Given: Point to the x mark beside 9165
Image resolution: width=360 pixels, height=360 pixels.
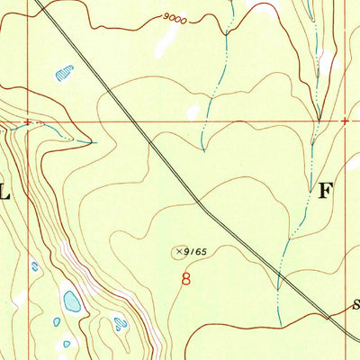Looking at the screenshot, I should pyautogui.click(x=179, y=252).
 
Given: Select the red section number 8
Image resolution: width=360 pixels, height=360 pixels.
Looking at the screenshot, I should pyautogui.click(x=186, y=280).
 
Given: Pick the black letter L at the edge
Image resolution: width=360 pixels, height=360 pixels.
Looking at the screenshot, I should pyautogui.click(x=4, y=191).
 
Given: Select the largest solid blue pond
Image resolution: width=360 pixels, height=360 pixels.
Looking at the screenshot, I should pyautogui.click(x=71, y=301).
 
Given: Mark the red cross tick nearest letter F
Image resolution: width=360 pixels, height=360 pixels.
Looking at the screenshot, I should pyautogui.click(x=345, y=120).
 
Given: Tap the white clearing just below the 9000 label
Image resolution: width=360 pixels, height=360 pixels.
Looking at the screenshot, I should pyautogui.click(x=165, y=40).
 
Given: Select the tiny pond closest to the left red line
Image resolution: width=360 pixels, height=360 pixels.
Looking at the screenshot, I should pyautogui.click(x=34, y=266).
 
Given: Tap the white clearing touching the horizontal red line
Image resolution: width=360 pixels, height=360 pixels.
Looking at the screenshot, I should pyautogui.click(x=193, y=112).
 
